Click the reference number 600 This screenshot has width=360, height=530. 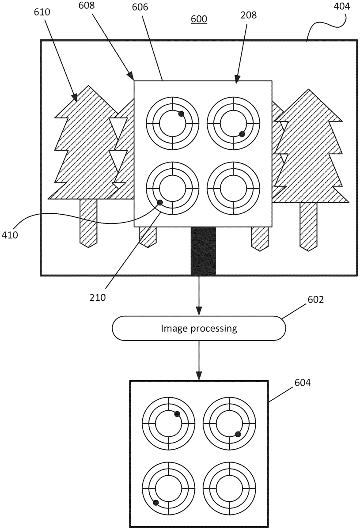click(199, 19)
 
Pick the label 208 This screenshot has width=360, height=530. click(249, 15)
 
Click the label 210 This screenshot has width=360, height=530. click(98, 297)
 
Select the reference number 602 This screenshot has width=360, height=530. click(315, 300)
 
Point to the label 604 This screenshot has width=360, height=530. click(303, 383)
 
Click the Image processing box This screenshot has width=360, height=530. click(199, 328)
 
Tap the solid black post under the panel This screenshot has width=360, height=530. click(203, 251)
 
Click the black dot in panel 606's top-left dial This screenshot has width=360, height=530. click(181, 114)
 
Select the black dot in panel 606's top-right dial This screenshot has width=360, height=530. click(242, 134)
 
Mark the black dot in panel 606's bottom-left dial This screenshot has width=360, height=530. click(160, 203)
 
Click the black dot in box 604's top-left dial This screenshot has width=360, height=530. click(177, 414)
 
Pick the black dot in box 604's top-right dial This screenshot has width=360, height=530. click(238, 434)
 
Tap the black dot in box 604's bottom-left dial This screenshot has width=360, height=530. click(155, 502)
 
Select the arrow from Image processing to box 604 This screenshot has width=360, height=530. click(199, 360)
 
